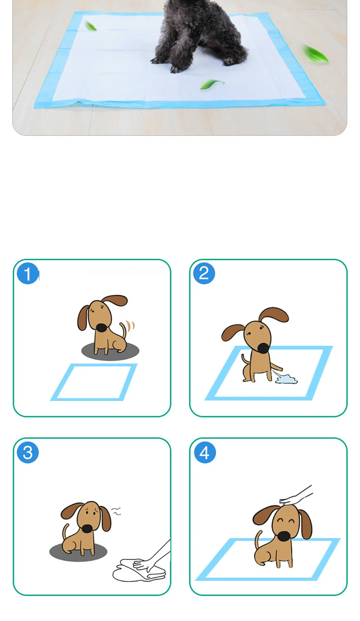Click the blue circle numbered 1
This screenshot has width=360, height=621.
28,273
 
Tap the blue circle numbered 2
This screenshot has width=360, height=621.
204,273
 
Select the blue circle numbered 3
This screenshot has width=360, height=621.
28,453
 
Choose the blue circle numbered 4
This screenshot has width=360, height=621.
205,453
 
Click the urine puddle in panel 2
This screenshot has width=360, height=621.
286,379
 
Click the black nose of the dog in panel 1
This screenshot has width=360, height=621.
101,327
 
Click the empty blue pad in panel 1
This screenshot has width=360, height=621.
94,382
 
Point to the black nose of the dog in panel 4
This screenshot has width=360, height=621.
284,536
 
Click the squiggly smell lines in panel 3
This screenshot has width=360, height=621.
116,511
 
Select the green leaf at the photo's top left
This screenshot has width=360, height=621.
90,26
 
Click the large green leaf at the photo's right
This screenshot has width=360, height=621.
315,54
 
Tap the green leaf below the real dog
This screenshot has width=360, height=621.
212,84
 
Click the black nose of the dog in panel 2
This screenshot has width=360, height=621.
263,348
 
